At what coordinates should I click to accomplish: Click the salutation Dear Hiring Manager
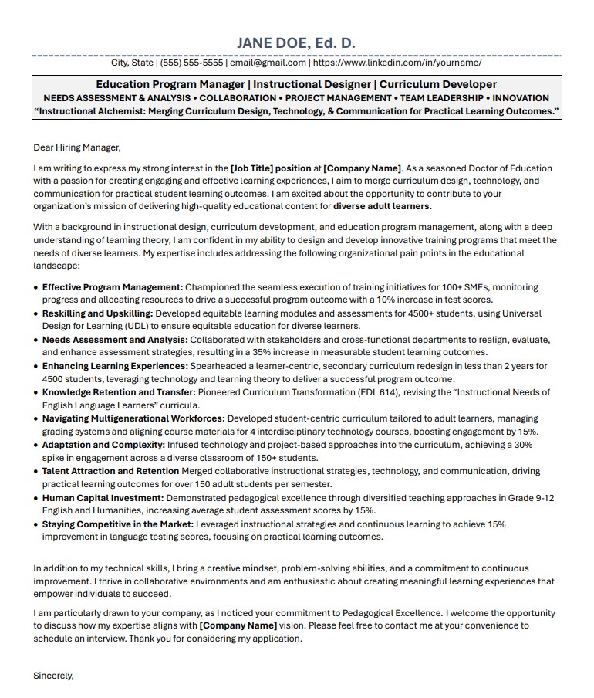[x=77, y=147]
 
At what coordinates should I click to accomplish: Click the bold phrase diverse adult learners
[x=381, y=206]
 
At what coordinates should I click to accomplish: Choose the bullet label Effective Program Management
[x=113, y=287]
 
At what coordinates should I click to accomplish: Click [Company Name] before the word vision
[x=238, y=625]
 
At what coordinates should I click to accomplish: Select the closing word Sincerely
[x=53, y=676]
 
